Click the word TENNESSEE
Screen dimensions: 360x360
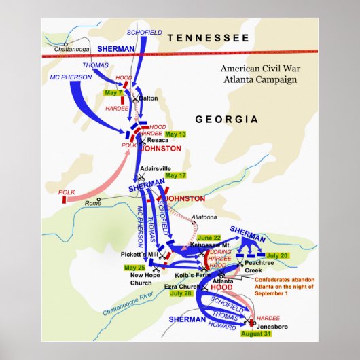pos(208,38)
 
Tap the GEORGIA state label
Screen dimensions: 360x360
pos(227,119)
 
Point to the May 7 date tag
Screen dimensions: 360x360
pos(113,92)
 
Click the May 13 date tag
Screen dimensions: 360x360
pos(178,134)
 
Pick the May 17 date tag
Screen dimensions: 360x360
pos(175,175)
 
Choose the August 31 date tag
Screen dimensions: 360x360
pos(255,334)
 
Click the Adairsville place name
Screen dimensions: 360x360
pos(156,168)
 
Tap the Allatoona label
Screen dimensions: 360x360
pos(204,217)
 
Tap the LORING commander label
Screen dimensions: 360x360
pos(221,251)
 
